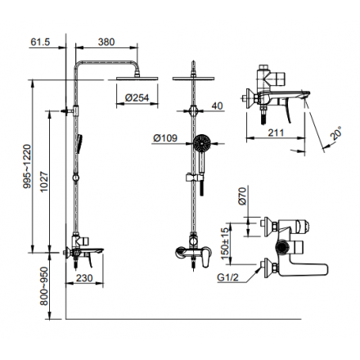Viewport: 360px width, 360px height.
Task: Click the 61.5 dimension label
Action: pyautogui.click(x=40, y=42)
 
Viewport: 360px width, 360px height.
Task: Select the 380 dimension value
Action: pyautogui.click(x=106, y=42)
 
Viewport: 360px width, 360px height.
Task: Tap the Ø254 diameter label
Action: pyautogui.click(x=137, y=97)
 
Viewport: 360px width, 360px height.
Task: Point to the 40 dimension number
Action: pyautogui.click(x=217, y=106)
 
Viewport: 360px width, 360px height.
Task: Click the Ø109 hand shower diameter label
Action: pyautogui.click(x=165, y=138)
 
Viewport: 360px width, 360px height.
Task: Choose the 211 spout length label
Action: pyautogui.click(x=276, y=133)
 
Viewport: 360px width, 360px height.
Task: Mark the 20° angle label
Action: pyautogui.click(x=335, y=133)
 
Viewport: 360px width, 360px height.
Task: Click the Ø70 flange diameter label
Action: pyautogui.click(x=242, y=196)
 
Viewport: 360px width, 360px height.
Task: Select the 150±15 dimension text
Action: pyautogui.click(x=225, y=243)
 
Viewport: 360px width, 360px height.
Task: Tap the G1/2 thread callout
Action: pyautogui.click(x=227, y=277)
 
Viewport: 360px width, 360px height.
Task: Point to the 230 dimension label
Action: pyautogui.click(x=84, y=278)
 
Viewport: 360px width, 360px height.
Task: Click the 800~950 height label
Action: pyautogui.click(x=43, y=286)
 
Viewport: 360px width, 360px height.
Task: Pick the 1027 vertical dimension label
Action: pyautogui.click(x=44, y=182)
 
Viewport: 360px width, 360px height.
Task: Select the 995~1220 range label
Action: pyautogui.click(x=27, y=166)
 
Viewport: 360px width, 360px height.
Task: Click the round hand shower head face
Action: pyautogui.click(x=201, y=142)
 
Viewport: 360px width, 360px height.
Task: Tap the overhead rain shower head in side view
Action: pyautogui.click(x=137, y=79)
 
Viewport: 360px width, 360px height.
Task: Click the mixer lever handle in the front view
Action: pyautogui.click(x=206, y=258)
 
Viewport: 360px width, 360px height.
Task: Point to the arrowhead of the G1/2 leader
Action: pyautogui.click(x=259, y=269)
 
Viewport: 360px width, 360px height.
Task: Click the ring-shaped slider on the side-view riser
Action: pyautogui.click(x=76, y=178)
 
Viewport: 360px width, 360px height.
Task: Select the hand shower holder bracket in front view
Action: pyautogui.click(x=195, y=178)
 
